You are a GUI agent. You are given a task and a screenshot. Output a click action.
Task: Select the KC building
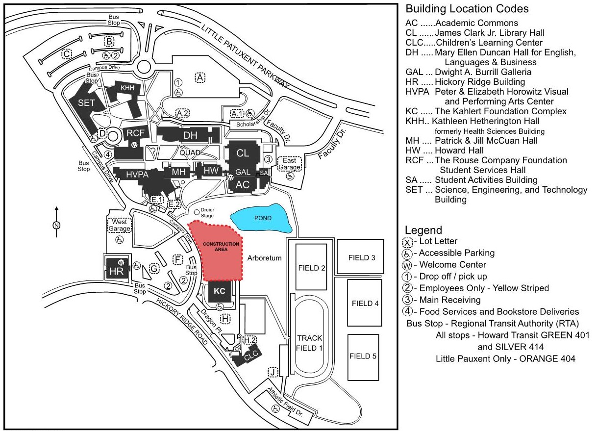(x=220, y=291)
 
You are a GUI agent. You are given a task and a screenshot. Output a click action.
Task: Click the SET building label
(x=86, y=102)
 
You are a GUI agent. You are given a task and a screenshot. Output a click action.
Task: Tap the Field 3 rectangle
(x=361, y=256)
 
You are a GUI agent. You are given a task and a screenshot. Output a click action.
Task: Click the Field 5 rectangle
(x=363, y=357)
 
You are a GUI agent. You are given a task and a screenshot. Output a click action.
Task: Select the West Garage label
(x=120, y=225)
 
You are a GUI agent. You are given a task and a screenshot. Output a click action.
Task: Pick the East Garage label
(x=290, y=164)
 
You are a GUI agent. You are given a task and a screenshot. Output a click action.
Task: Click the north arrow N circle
(x=56, y=225)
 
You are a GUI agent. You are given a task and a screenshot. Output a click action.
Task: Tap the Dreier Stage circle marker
(x=197, y=212)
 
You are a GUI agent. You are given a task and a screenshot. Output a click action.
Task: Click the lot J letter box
(x=273, y=372)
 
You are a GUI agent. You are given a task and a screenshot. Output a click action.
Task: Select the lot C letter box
(x=67, y=54)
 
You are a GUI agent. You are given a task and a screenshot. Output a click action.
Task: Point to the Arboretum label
(x=264, y=258)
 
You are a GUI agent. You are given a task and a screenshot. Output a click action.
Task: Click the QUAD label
(x=190, y=152)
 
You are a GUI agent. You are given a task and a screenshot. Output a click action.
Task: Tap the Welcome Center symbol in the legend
(x=407, y=265)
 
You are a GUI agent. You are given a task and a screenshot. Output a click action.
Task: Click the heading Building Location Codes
(x=467, y=9)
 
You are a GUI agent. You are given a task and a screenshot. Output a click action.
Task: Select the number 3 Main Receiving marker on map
(x=268, y=159)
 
